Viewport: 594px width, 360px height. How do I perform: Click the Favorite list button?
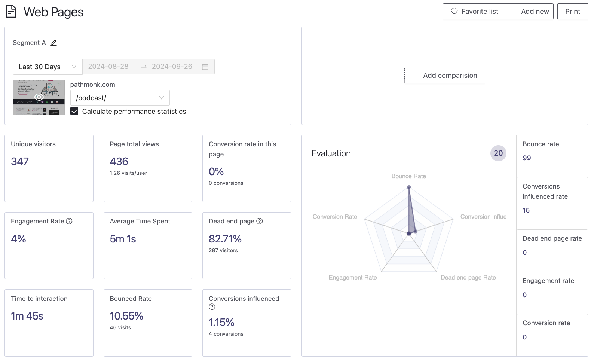[x=474, y=12]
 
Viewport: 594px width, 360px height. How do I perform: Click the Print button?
[x=572, y=12]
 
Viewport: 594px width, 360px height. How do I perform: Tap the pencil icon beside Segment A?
[x=54, y=43]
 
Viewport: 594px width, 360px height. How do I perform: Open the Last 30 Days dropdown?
[x=48, y=67]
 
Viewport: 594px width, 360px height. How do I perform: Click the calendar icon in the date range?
[x=205, y=67]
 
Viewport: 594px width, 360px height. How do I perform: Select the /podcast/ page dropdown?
[x=120, y=98]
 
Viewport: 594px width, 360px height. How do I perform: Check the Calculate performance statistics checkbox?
[x=74, y=111]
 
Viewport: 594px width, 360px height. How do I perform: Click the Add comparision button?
[x=444, y=76]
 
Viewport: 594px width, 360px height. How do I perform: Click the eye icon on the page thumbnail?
[x=39, y=97]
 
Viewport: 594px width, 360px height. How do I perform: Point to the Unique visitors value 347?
[x=20, y=161]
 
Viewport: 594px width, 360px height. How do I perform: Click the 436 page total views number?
[x=119, y=161]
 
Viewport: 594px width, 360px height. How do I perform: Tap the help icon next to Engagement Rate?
[x=69, y=221]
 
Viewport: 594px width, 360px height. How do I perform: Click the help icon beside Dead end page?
[x=260, y=221]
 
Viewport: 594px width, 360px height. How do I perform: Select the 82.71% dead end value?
[x=225, y=239]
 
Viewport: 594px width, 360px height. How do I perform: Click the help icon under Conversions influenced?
[x=212, y=307]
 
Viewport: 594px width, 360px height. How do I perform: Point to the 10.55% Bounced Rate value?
[x=126, y=316]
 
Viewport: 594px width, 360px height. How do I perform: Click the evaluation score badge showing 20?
[x=498, y=153]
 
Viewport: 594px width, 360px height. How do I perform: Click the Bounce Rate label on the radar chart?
[x=408, y=176]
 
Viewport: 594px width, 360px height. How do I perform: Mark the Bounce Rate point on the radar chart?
[x=409, y=187]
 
